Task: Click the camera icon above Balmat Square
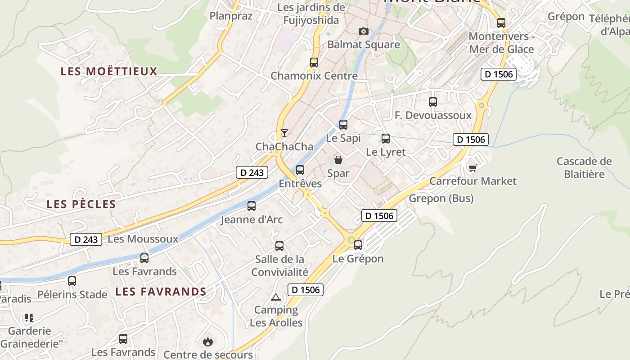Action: coord(363,31)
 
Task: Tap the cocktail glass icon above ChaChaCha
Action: coord(284,133)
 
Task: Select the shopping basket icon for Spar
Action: coord(338,160)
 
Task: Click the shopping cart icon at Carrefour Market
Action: coord(472,168)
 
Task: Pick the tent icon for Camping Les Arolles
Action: coord(276,297)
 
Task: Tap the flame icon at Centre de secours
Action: coord(207,342)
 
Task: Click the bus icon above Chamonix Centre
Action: coord(314,63)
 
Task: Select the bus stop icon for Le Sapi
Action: coord(343,125)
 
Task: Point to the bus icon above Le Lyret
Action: coord(386,139)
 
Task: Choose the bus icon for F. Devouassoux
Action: coord(433,102)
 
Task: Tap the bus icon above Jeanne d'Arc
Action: coord(252,206)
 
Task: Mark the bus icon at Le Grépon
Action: coord(358,245)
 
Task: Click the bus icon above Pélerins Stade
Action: coord(72,281)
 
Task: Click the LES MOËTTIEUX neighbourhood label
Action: coord(109,71)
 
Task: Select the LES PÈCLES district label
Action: coord(81,204)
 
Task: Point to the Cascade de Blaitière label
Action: coord(584,167)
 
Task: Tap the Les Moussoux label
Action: coord(143,239)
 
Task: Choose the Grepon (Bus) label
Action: coord(441,198)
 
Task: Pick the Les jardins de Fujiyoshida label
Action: coord(311,14)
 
